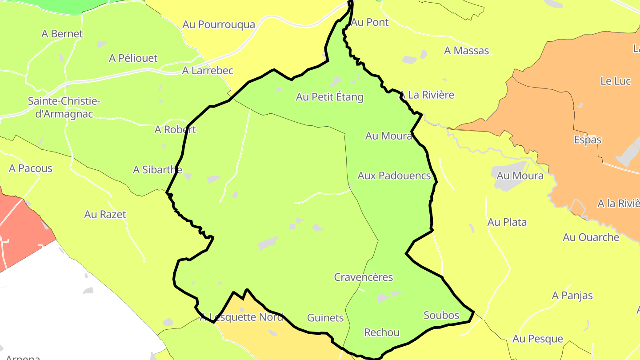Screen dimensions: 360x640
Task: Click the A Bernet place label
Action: [62, 33]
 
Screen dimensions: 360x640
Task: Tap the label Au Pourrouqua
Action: [219, 24]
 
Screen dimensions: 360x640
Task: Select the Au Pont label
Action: [370, 22]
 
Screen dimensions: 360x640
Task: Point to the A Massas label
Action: [467, 51]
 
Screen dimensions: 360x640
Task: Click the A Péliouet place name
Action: [133, 58]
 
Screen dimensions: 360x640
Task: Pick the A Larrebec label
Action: [208, 71]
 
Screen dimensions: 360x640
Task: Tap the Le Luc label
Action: [616, 81]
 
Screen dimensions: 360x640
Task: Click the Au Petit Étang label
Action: [330, 97]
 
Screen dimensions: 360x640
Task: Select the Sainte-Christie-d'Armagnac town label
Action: [64, 108]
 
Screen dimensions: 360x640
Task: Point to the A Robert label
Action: [175, 130]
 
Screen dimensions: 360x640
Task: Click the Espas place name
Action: [588, 140]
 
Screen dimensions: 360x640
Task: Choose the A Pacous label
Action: [31, 168]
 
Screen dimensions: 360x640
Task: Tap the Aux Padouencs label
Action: [394, 176]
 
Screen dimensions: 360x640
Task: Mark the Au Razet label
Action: [105, 215]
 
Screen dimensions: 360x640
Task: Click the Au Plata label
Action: [507, 222]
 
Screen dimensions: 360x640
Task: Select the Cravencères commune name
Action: [364, 277]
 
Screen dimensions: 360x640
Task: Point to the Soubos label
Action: [441, 316]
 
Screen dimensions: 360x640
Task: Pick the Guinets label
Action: [325, 318]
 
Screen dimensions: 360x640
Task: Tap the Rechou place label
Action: [382, 332]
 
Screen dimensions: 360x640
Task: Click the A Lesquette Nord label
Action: [241, 317]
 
